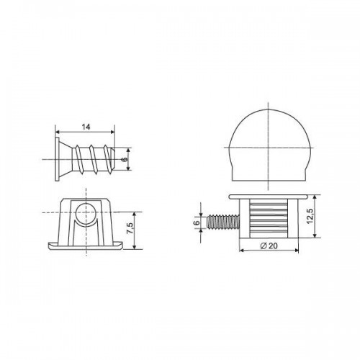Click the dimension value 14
point(86,127)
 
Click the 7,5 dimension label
point(130,228)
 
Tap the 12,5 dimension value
point(310,216)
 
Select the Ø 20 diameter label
point(269,246)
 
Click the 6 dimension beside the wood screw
point(125,159)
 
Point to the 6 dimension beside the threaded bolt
point(197,222)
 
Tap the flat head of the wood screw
point(58,159)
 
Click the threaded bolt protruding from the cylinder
point(223,222)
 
